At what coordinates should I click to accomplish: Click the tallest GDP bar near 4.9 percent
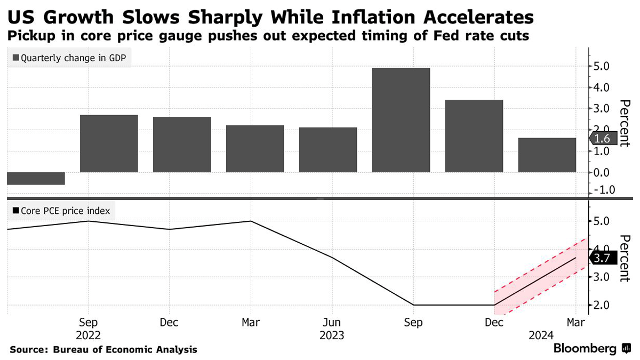point(401,120)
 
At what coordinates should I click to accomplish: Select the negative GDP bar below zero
point(36,178)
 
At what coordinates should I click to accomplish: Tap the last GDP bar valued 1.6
point(547,155)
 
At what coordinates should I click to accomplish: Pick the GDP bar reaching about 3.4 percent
point(474,136)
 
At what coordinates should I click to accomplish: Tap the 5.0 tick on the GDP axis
point(605,66)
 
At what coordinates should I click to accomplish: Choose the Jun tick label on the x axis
point(332,323)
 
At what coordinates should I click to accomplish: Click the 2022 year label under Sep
point(89,335)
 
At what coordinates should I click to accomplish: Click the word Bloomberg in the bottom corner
point(585,349)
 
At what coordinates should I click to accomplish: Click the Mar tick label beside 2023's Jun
point(251,323)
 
